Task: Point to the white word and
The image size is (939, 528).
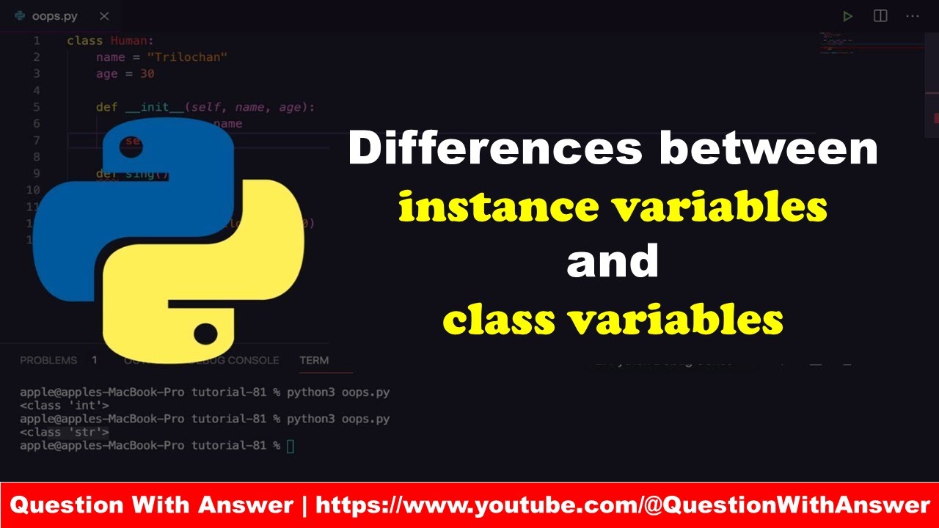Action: [613, 262]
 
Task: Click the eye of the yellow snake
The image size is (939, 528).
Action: [205, 335]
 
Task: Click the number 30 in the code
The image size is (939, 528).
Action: [147, 73]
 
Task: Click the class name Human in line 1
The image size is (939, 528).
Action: [132, 41]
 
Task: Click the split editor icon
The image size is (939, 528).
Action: [880, 15]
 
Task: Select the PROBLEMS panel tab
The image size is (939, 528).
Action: [48, 360]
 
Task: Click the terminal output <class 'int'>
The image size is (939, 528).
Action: [65, 405]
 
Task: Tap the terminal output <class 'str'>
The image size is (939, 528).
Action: [65, 432]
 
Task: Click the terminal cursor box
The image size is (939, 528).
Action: [291, 446]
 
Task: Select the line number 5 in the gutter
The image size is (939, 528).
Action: [37, 107]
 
